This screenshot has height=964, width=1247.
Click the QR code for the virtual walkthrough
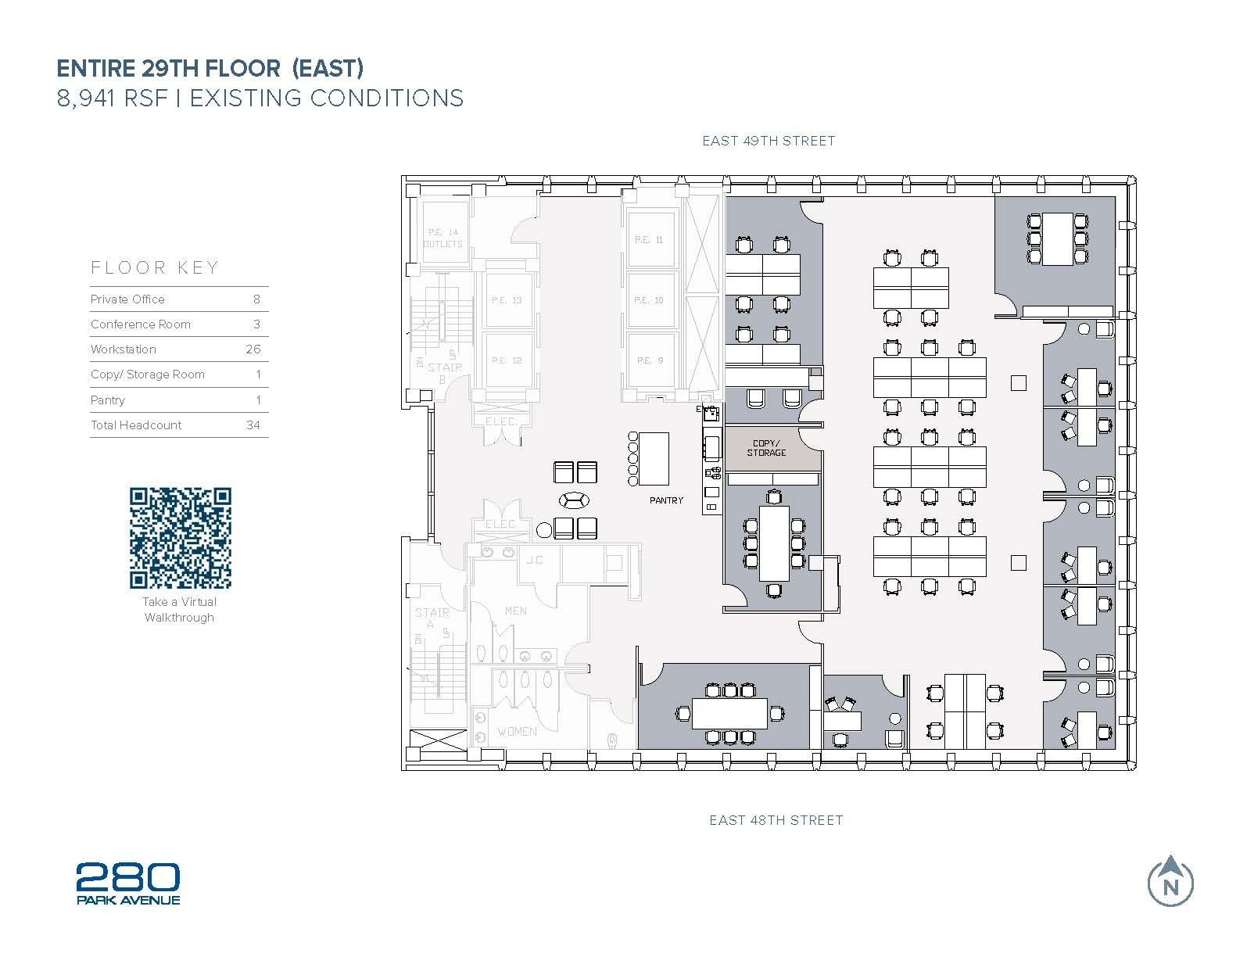pos(181,538)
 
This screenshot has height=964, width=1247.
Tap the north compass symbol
pos(1170,882)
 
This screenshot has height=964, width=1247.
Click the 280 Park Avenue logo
pos(128,883)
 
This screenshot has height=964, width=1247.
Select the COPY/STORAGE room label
pos(766,448)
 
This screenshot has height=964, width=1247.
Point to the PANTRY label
pos(666,500)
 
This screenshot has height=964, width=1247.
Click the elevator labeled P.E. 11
pos(649,239)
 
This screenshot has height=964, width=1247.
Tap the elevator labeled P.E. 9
pos(649,360)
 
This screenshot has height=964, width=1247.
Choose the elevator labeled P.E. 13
pos(507,300)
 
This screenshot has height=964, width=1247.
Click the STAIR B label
pos(445,372)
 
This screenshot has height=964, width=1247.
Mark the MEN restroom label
pos(515,611)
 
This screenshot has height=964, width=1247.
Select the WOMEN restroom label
pos(517,732)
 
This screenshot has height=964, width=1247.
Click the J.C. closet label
pos(535,560)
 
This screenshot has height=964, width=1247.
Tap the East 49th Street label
pos(769,141)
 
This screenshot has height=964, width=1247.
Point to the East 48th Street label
pos(776,820)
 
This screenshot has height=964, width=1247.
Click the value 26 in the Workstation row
pos(253,349)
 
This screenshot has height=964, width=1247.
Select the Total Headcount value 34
pos(253,425)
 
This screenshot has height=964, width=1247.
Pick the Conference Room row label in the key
pos(141,324)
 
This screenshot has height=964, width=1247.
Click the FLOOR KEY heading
pos(155,267)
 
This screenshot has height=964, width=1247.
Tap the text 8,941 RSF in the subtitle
pos(113,99)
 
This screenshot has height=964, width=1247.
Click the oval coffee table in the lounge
pos(575,500)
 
